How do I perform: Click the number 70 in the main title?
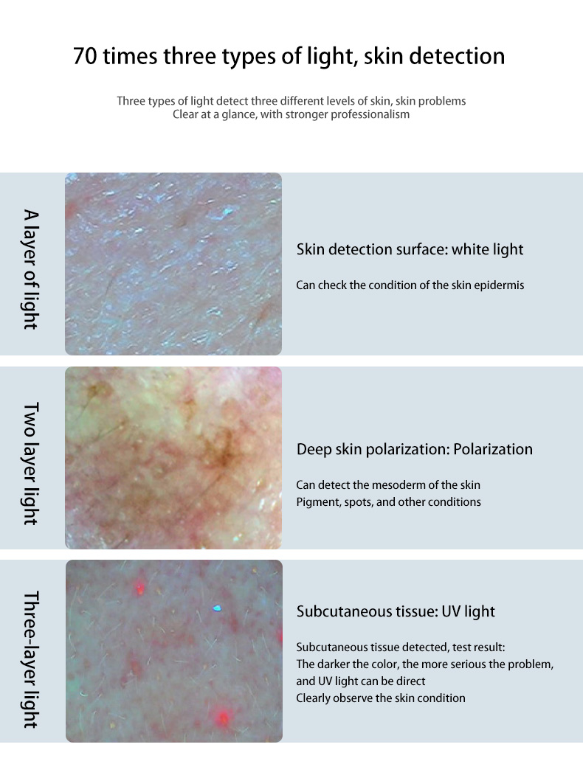tap(85, 56)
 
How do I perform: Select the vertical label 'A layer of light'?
tap(31, 269)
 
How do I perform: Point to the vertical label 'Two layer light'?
tap(31, 463)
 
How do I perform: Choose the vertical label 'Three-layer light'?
tap(31, 659)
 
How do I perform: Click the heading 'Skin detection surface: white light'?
tap(410, 249)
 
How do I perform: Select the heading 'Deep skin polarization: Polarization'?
tap(414, 449)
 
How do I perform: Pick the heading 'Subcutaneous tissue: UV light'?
tap(396, 611)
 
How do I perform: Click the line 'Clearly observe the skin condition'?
tap(380, 698)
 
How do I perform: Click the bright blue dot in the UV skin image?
tap(217, 608)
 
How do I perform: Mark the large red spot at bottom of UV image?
tap(223, 718)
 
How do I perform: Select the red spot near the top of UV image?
tap(140, 589)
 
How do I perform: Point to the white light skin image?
tap(173, 264)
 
